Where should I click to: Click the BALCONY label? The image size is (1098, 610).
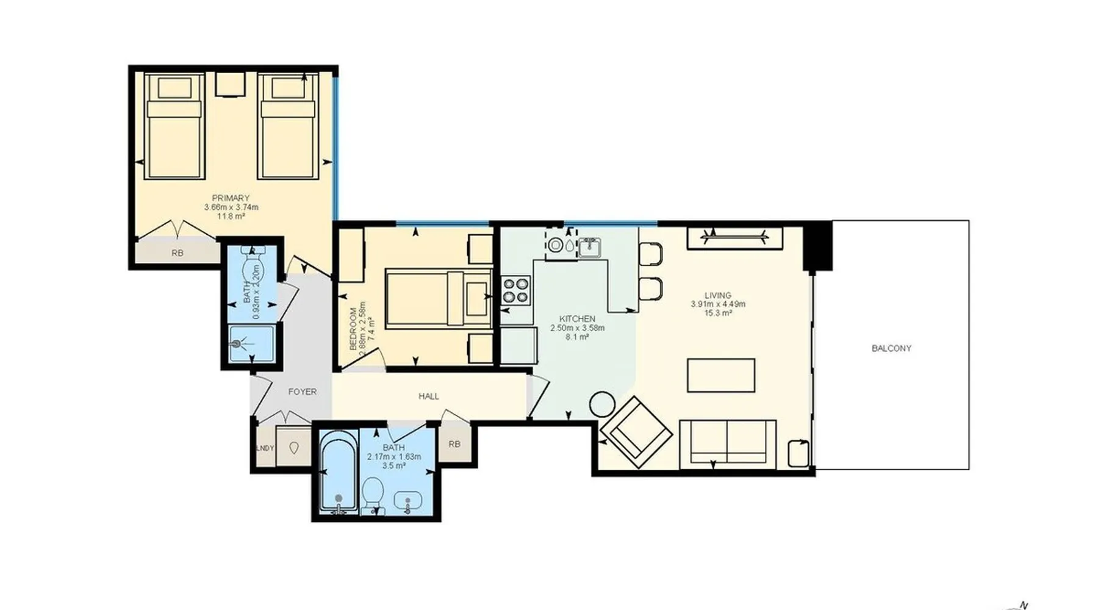click(x=891, y=348)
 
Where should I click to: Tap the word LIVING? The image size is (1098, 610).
click(x=717, y=295)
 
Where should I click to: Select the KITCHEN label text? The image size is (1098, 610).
click(x=577, y=319)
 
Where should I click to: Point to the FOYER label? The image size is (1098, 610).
click(x=303, y=392)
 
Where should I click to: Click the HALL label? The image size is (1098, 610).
click(x=429, y=396)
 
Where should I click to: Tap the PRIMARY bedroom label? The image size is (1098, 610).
click(x=231, y=198)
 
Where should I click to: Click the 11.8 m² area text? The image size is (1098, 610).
click(x=231, y=215)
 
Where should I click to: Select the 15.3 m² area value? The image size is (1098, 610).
click(x=718, y=313)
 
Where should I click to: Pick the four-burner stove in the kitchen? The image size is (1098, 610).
click(x=516, y=290)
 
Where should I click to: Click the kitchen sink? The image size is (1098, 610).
click(x=589, y=247)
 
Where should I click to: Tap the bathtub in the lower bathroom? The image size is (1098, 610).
click(x=339, y=472)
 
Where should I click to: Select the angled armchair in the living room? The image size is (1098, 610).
click(x=636, y=432)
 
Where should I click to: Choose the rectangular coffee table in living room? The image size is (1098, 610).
click(x=721, y=375)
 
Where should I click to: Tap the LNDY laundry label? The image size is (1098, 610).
click(x=265, y=448)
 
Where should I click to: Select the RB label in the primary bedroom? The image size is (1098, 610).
click(x=177, y=253)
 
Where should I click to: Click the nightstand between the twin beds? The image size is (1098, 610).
click(x=231, y=85)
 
